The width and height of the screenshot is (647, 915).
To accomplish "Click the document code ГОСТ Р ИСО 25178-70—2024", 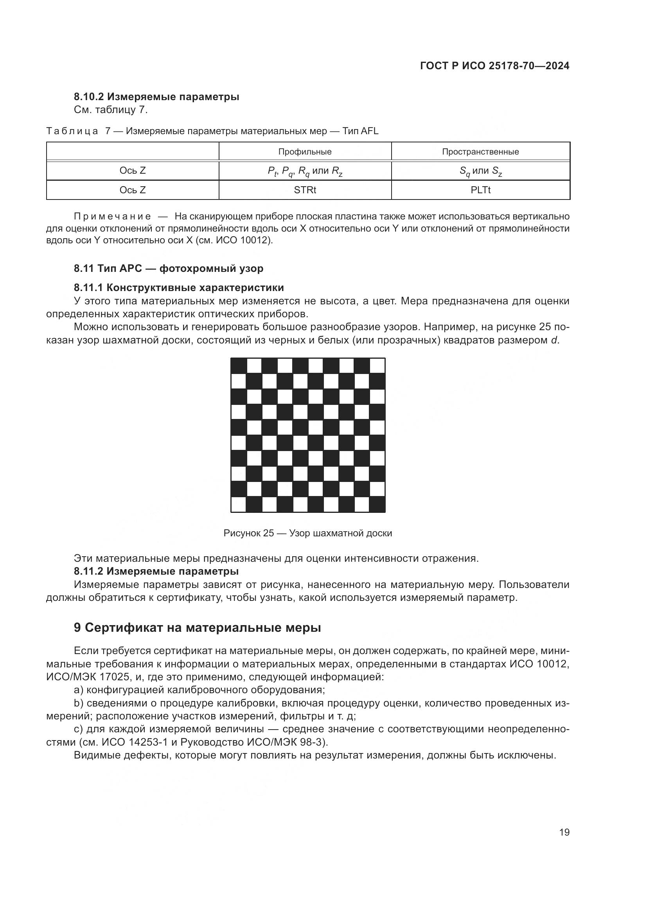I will (494, 66).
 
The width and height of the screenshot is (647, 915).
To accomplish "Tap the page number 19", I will (564, 832).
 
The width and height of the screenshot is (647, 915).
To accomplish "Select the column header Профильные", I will (305, 152).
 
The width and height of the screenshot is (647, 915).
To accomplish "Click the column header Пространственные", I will (480, 152).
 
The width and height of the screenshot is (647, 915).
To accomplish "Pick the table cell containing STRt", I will (305, 190).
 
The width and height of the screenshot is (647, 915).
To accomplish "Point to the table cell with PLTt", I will (480, 190).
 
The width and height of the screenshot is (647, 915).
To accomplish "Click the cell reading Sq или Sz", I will (480, 171).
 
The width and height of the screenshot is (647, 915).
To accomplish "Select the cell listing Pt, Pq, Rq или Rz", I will (305, 171).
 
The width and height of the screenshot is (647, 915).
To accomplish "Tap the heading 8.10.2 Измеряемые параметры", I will (156, 97).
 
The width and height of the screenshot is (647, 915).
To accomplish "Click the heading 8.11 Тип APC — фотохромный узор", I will (169, 268).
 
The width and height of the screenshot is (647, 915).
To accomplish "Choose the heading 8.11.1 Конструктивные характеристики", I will (179, 288).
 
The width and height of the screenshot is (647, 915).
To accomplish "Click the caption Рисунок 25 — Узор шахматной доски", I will (307, 533).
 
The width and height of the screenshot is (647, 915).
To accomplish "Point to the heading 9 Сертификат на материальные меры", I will (197, 627).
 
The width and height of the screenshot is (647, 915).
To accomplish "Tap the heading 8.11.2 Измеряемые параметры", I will (156, 572).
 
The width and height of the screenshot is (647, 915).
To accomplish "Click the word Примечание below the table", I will (112, 216).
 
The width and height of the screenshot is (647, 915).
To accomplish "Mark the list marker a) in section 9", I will (79, 690).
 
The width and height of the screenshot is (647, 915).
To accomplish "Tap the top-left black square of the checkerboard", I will (239, 365).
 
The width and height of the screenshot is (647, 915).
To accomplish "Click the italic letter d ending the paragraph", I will (554, 340).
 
